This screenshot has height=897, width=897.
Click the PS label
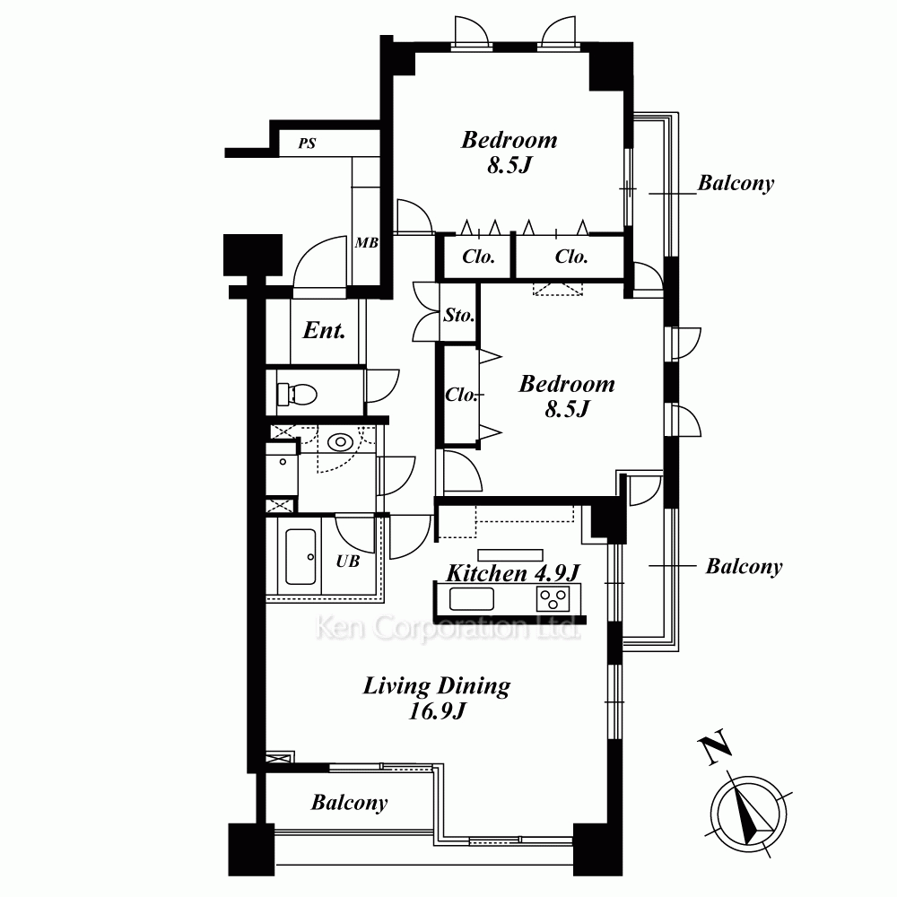(x=307, y=143)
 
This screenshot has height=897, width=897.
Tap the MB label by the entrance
(x=366, y=242)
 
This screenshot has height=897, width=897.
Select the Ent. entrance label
(x=324, y=330)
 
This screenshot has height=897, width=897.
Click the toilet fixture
(x=298, y=394)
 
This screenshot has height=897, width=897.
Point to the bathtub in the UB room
(x=300, y=557)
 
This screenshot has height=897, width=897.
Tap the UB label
(x=348, y=562)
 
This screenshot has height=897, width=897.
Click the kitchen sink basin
(x=472, y=599)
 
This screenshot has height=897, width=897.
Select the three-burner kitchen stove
(x=553, y=599)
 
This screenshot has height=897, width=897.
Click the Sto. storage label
(x=458, y=315)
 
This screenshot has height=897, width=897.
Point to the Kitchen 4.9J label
(x=513, y=572)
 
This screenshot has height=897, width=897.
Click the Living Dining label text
(x=437, y=686)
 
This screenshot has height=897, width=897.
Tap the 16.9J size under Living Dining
(x=437, y=711)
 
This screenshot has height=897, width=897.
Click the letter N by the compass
(x=715, y=746)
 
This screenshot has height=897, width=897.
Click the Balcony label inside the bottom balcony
(x=349, y=803)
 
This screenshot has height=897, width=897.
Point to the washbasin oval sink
(x=340, y=441)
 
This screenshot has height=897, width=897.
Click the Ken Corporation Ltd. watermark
(x=448, y=628)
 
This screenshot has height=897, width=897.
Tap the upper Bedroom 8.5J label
(x=509, y=152)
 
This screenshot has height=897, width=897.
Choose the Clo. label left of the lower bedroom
(x=461, y=395)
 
